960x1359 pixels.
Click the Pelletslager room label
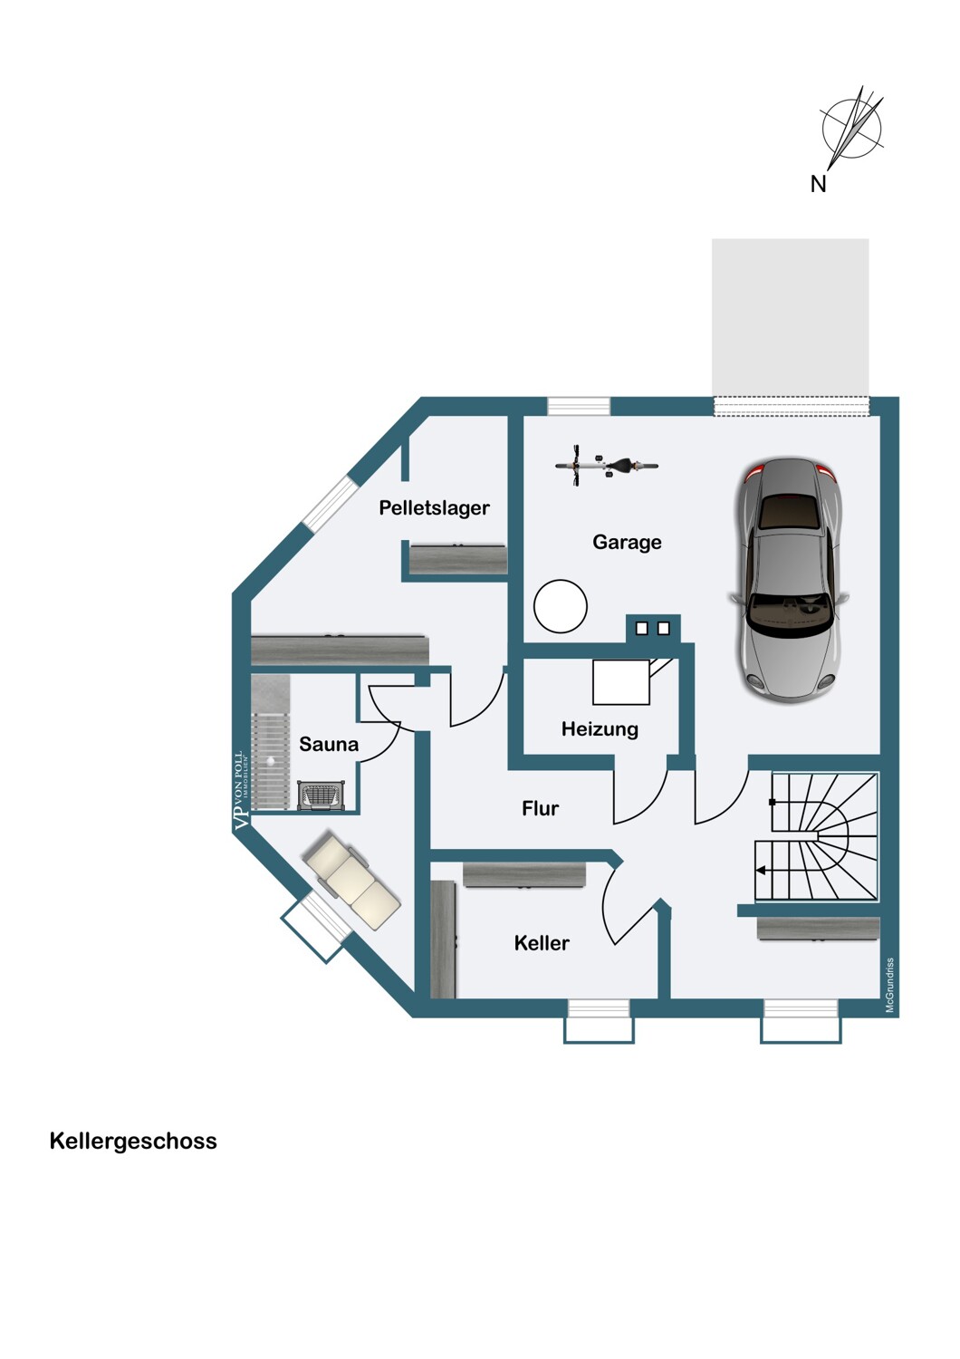coord(434,507)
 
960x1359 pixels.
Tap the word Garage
coord(627,542)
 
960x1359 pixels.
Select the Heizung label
coord(600,728)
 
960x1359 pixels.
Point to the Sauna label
coord(329,744)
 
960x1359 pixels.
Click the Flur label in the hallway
coord(540,808)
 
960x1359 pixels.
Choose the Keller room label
coord(542,943)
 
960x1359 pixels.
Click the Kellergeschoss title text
coord(133,1142)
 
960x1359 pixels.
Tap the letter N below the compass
coord(818,184)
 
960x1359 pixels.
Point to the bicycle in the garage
coord(607,466)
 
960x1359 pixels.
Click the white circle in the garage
coord(561,606)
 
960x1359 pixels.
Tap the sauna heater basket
coord(322,795)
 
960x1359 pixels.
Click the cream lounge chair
coord(352,881)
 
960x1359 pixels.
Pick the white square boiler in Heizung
coord(621,682)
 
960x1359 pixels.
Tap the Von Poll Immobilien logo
coord(241,791)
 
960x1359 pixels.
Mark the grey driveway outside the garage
coord(791,317)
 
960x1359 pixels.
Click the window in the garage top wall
coord(579,406)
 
